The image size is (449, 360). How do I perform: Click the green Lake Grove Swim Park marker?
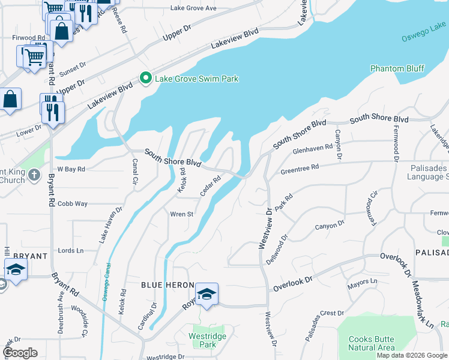coord(145,78)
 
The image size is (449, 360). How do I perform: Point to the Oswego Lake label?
coord(424,31)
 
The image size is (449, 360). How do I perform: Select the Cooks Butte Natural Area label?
coord(372,343)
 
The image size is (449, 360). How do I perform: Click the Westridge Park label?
coord(202,340)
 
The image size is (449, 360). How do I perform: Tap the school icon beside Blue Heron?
coord(206,294)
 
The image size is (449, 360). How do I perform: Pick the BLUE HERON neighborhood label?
coord(167,285)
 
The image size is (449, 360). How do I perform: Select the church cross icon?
coord(34,175)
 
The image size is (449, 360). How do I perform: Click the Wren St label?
coord(181,214)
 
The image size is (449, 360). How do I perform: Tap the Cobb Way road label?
coord(72,204)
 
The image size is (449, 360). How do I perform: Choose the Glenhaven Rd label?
coord(312,148)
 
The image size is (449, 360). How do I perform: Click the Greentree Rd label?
coord(300,170)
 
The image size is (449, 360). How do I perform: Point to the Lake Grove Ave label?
coord(193,8)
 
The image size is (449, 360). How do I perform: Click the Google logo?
coord(20,352)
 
